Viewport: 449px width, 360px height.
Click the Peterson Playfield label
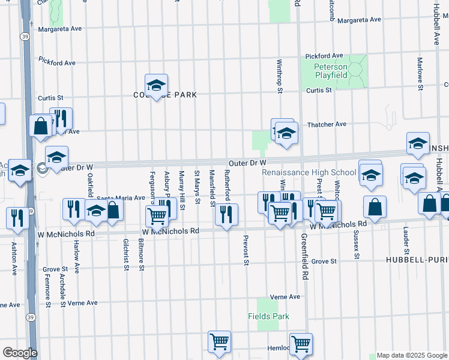click(331, 71)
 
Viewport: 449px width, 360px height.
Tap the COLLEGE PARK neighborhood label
click(164, 95)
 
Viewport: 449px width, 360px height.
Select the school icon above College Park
click(156, 86)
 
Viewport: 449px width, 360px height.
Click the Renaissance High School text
click(309, 172)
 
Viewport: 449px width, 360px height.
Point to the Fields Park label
click(268, 316)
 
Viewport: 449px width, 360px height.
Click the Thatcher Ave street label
click(327, 124)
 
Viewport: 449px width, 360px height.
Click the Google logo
click(20, 352)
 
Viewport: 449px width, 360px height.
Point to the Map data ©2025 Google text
click(411, 355)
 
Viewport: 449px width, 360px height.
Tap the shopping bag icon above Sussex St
click(375, 207)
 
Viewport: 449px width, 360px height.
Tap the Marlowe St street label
click(420, 70)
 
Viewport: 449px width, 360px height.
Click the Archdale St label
click(62, 291)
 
